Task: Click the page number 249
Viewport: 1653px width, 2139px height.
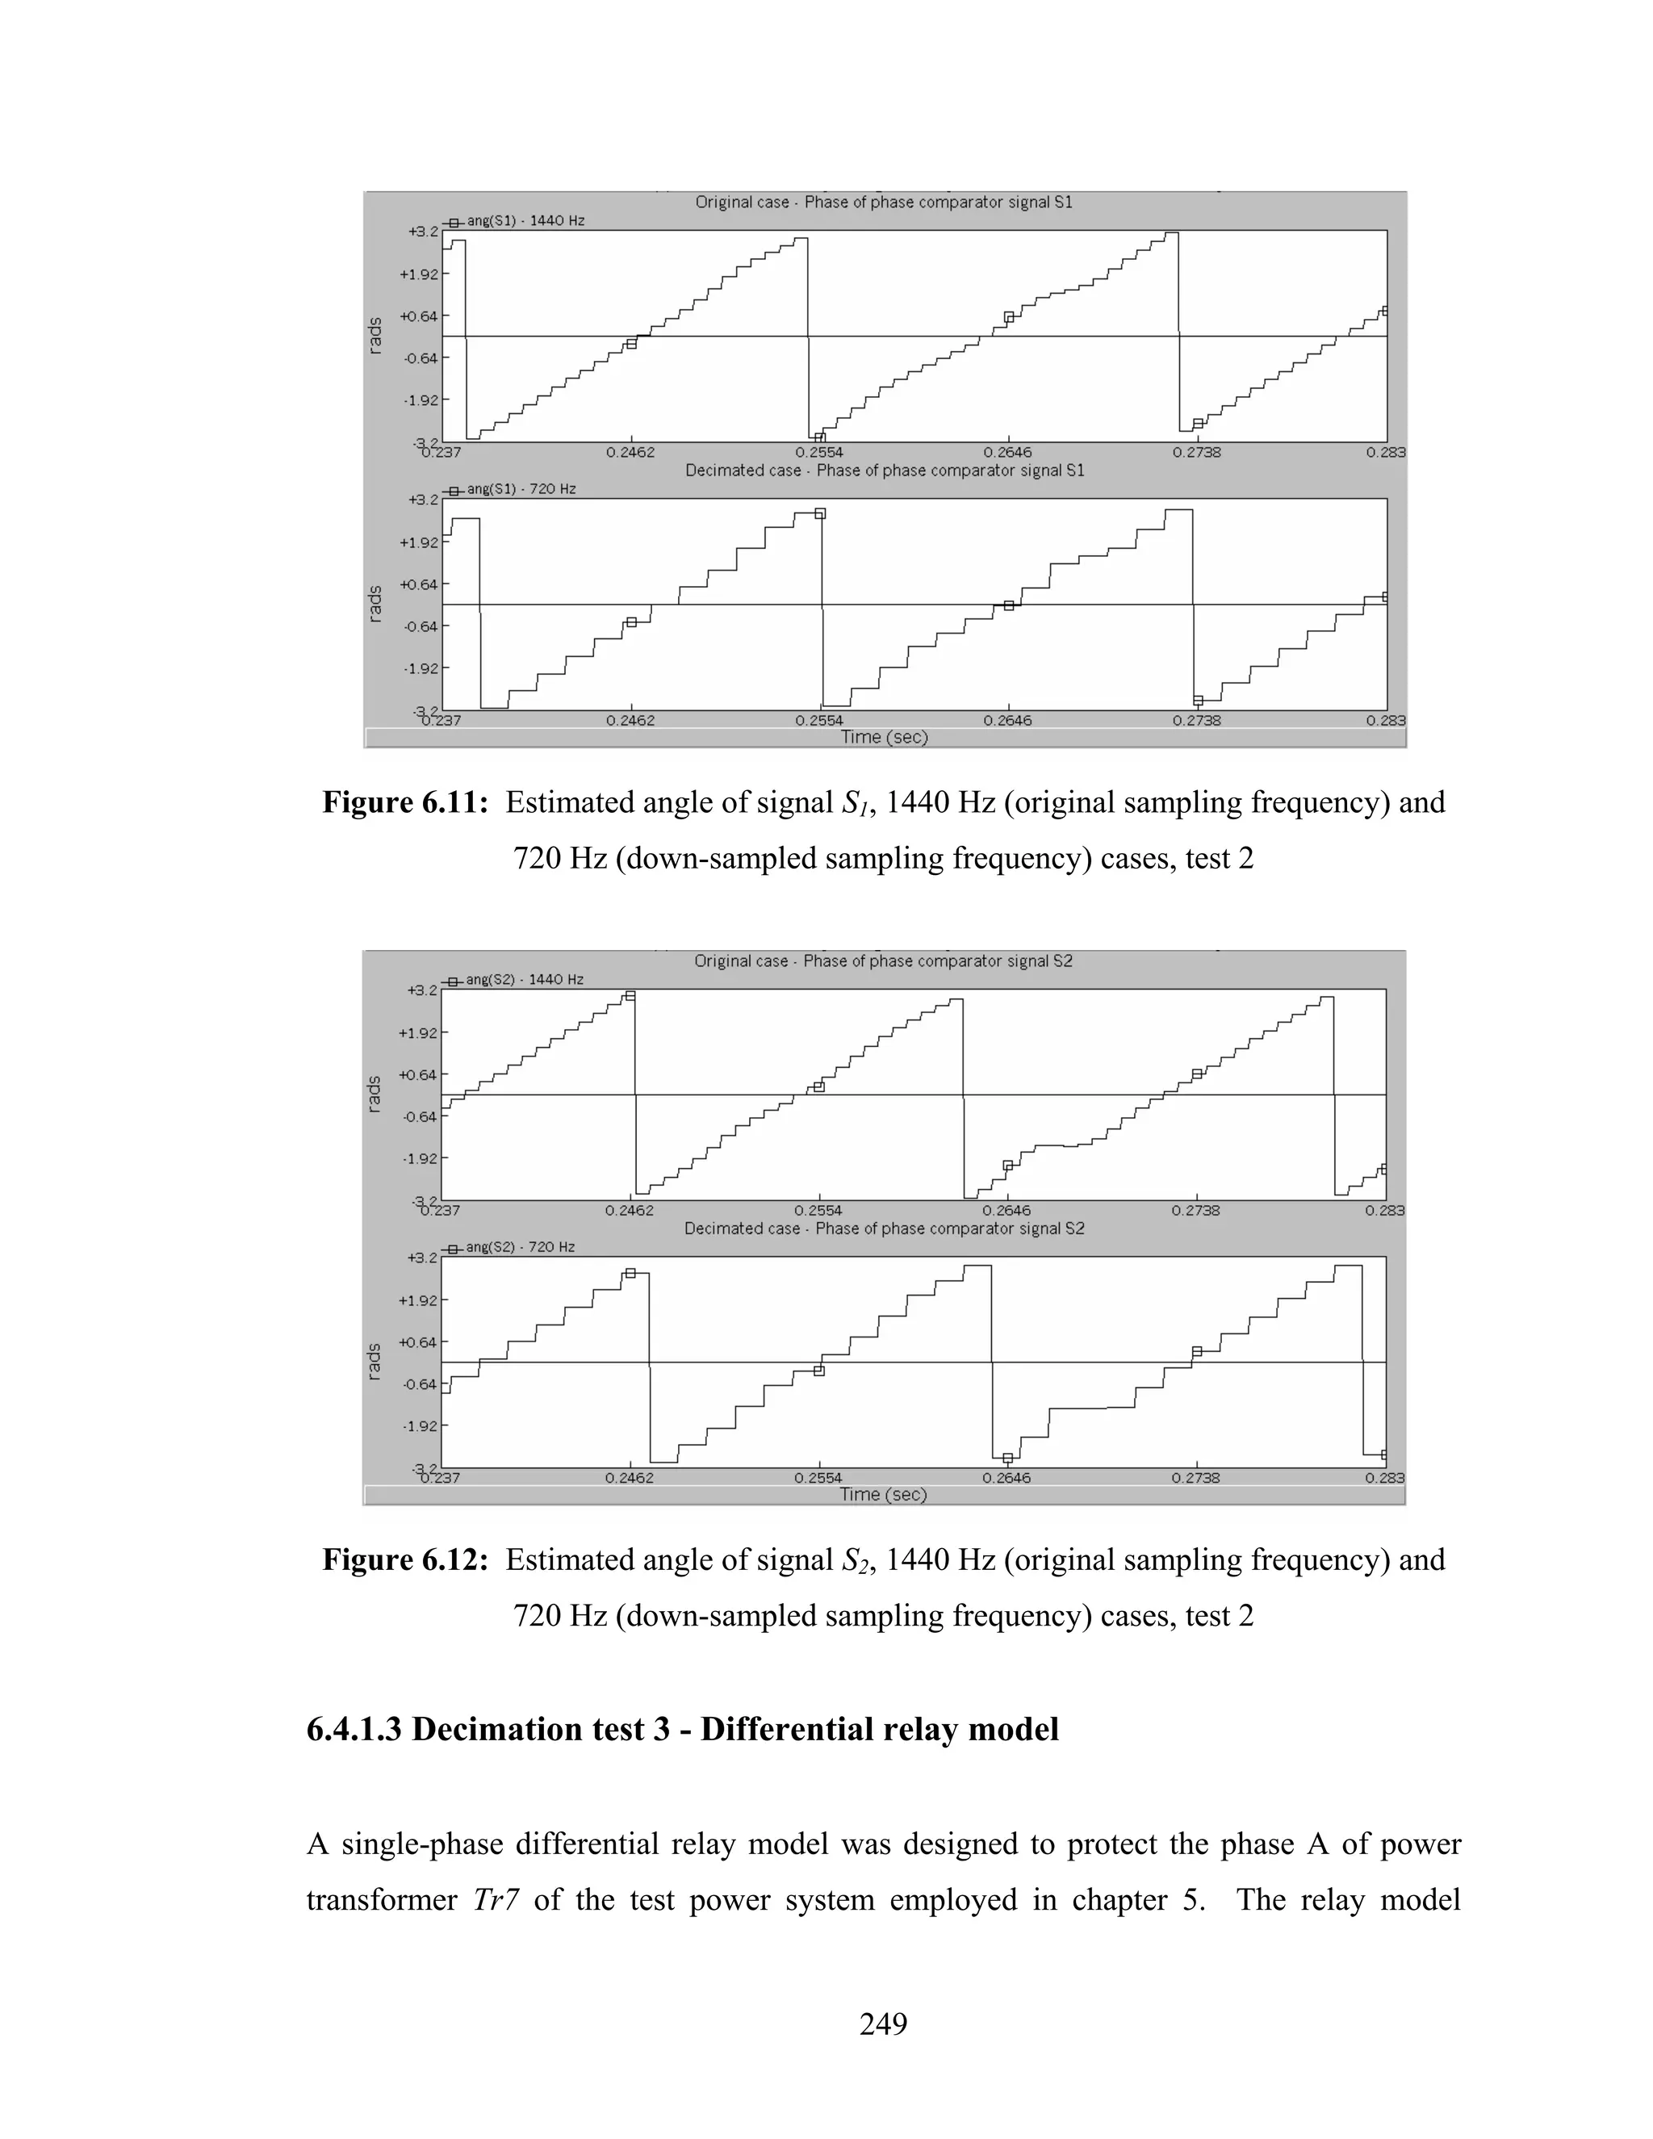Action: [x=882, y=2023]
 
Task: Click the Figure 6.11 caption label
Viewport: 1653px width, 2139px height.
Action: [x=404, y=802]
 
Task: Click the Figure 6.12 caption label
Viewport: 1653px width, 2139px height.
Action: [x=404, y=1559]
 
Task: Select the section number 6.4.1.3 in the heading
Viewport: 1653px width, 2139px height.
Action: [x=354, y=1729]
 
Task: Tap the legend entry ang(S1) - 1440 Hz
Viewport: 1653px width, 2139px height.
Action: [x=524, y=221]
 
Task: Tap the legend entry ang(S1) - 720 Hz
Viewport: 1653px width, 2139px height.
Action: [x=520, y=488]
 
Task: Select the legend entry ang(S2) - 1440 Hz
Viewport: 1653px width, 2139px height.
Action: [x=523, y=979]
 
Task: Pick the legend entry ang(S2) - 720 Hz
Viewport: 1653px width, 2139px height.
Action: [x=519, y=1247]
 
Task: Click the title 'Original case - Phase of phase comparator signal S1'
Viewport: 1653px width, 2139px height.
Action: [x=883, y=202]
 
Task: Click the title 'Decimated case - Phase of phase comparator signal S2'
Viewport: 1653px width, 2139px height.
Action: [x=883, y=1229]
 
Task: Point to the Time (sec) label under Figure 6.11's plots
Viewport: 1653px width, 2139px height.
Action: [x=883, y=738]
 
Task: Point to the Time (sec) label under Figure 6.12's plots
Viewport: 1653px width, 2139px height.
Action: [x=882, y=1495]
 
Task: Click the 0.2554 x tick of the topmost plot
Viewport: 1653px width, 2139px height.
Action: [x=818, y=453]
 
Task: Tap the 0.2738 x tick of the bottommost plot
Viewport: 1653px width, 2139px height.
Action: [x=1195, y=1478]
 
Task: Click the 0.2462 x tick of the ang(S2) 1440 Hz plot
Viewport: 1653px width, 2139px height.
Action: [x=630, y=1211]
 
